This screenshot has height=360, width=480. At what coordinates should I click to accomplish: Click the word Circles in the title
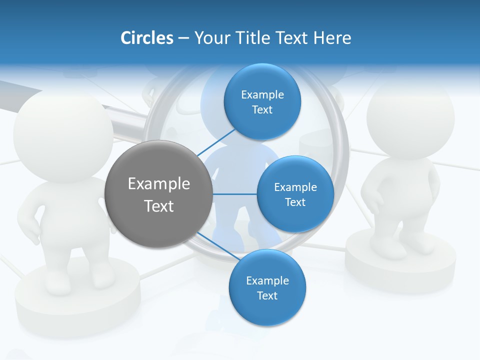click(x=147, y=38)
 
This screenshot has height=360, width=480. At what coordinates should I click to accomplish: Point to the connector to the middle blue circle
click(x=234, y=194)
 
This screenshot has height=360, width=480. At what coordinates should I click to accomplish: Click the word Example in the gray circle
click(x=159, y=183)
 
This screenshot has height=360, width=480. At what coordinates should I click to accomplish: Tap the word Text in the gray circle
click(x=159, y=206)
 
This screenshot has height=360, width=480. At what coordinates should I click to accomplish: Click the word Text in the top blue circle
click(x=262, y=110)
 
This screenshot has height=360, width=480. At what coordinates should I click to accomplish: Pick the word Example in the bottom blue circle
click(x=267, y=280)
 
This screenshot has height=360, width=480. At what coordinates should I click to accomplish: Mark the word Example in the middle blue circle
click(x=295, y=187)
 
